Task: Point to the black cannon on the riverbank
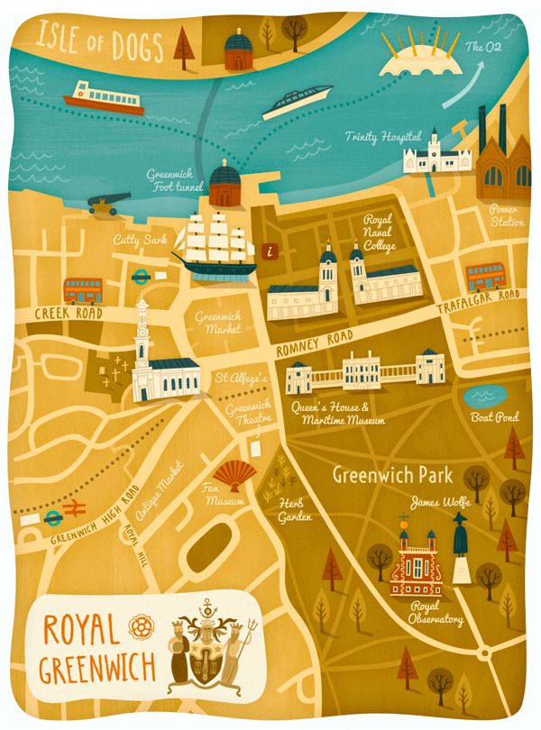[108, 204]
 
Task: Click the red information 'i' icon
[267, 252]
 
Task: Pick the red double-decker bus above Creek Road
[82, 290]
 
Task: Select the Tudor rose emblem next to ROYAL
[139, 624]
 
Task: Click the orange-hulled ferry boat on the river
[104, 96]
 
